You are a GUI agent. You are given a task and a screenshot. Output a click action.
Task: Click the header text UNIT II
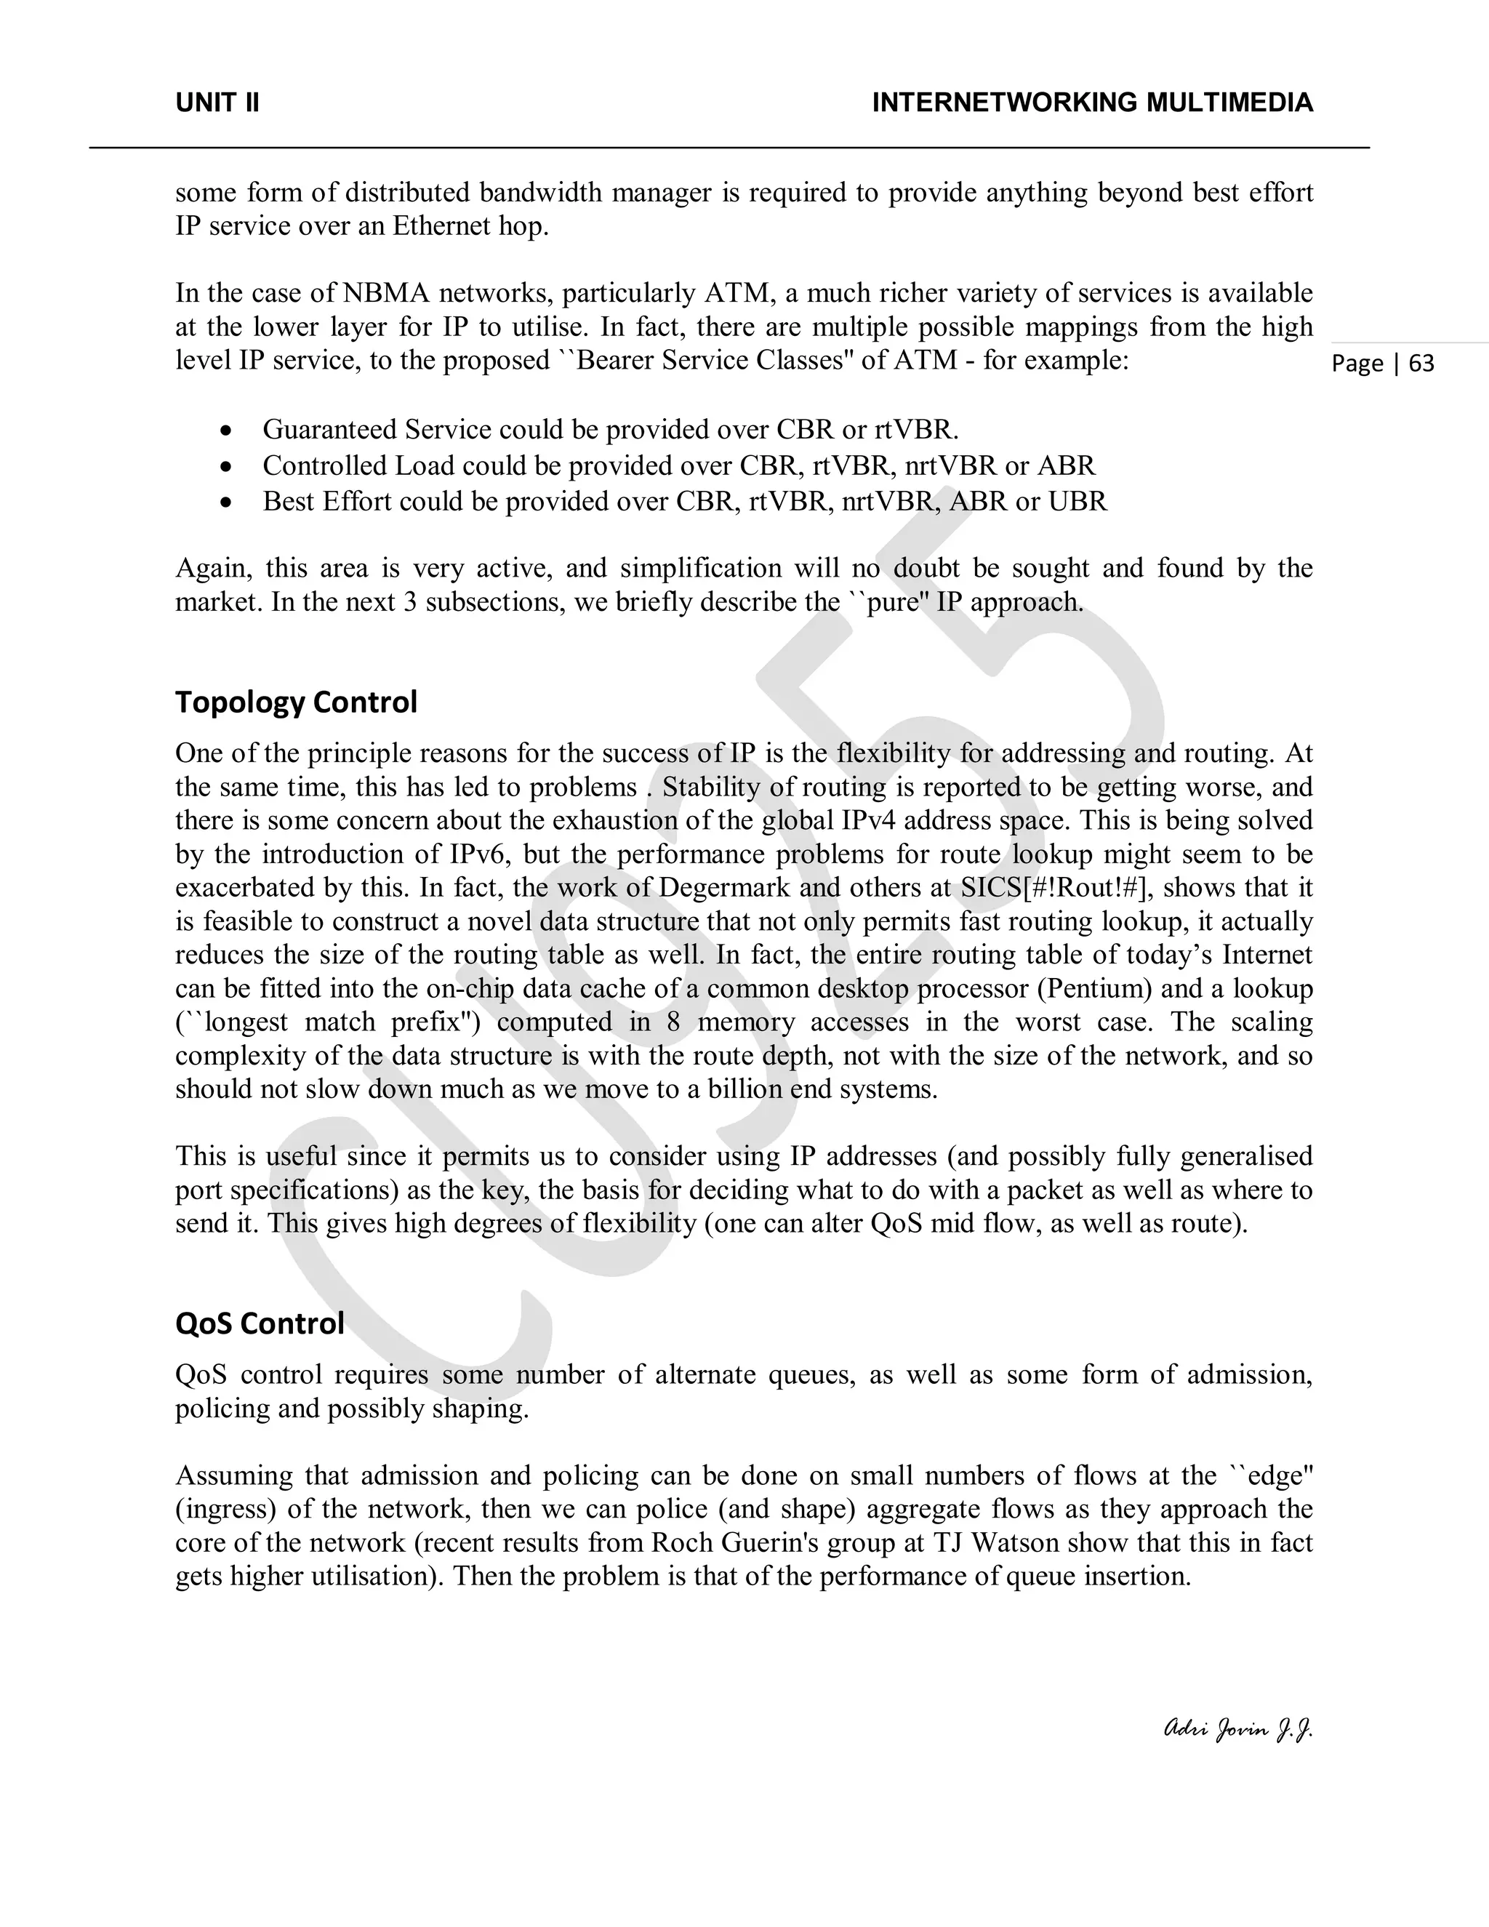pos(217,103)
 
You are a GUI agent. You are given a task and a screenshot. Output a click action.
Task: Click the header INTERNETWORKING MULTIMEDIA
pos(1092,103)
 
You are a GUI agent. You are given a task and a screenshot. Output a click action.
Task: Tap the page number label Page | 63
pos(1382,364)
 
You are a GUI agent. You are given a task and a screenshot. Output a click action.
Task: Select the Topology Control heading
pos(295,702)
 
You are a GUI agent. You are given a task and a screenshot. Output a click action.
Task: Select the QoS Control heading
pos(260,1323)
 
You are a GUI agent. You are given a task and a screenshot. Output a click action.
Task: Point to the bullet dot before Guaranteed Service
pos(228,430)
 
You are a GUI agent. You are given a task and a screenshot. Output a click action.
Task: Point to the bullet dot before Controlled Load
pos(228,466)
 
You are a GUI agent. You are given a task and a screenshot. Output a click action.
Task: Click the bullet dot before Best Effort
pos(228,502)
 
